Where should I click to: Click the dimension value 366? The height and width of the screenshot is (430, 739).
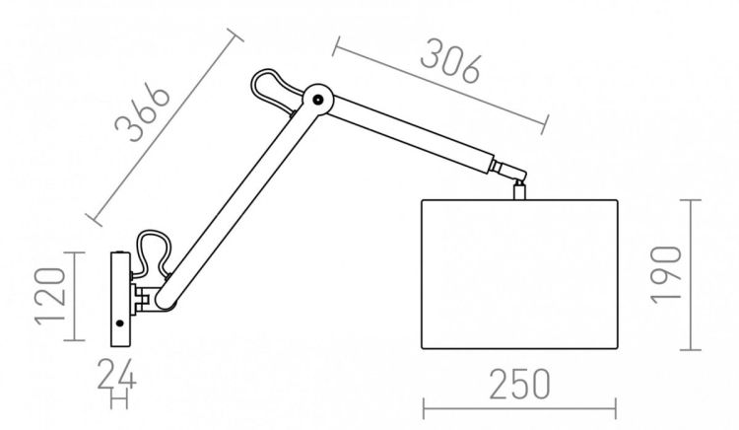142,112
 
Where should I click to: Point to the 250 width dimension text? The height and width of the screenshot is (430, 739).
520,385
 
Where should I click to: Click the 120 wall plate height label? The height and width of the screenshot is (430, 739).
49,297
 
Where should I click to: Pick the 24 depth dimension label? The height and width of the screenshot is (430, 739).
117,375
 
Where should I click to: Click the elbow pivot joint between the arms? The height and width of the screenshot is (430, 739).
318,100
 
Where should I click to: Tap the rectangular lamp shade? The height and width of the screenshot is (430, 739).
519,274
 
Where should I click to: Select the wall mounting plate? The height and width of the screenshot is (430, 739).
120,300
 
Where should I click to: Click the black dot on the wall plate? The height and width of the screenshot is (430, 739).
119,322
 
